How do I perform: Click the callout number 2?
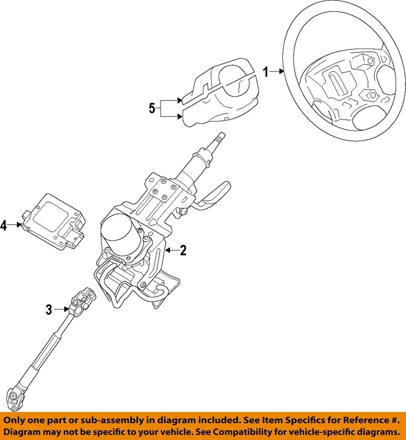click(x=183, y=250)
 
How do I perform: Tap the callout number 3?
click(x=49, y=310)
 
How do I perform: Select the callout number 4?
click(x=4, y=225)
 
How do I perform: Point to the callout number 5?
click(x=152, y=109)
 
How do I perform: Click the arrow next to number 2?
click(x=172, y=250)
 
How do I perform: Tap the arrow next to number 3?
click(x=62, y=310)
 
